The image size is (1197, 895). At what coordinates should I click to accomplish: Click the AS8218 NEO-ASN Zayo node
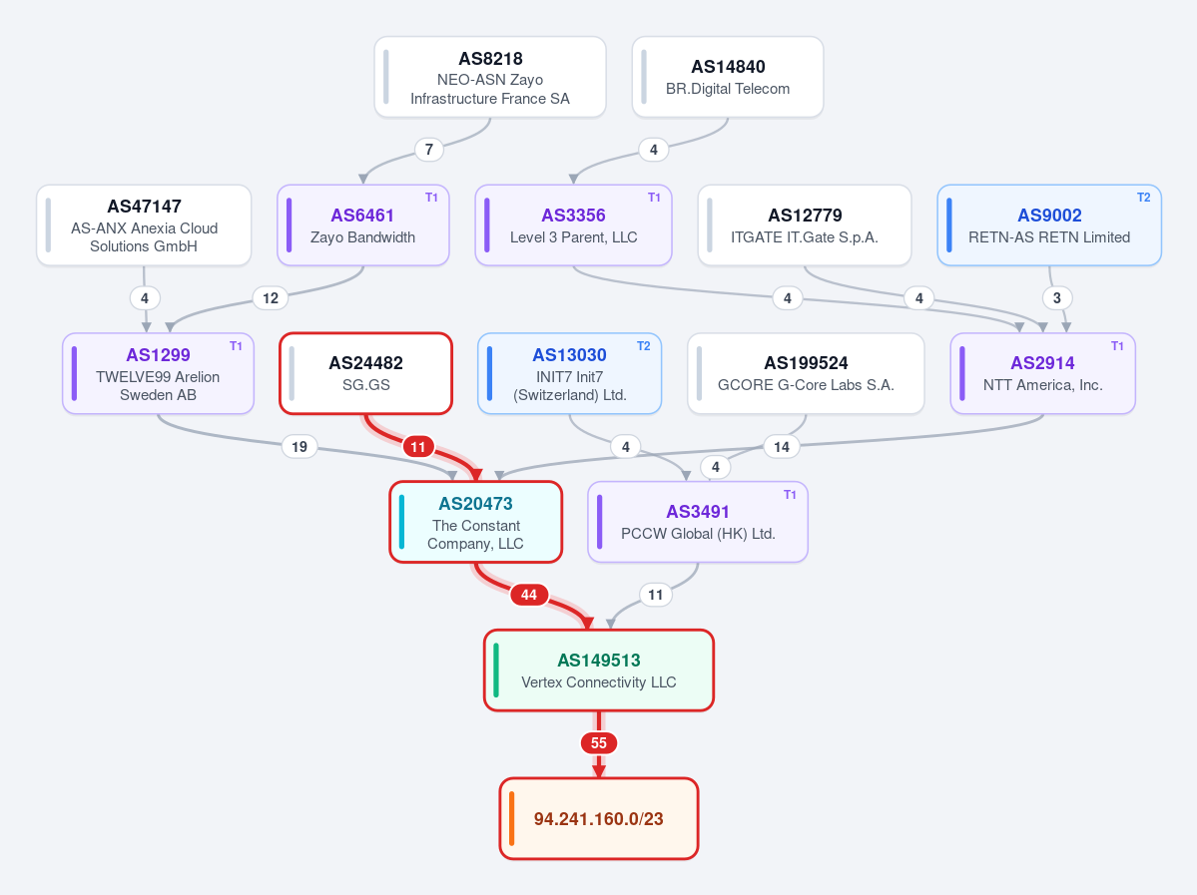click(x=490, y=77)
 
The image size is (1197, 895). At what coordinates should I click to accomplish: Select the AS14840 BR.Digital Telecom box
click(x=728, y=77)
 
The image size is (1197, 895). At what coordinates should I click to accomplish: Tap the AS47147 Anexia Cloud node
click(x=144, y=225)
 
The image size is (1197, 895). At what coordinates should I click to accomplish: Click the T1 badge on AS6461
click(x=431, y=198)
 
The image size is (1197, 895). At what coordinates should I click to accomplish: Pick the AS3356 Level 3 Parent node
click(x=573, y=225)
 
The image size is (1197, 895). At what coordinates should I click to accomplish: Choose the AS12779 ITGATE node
click(x=805, y=225)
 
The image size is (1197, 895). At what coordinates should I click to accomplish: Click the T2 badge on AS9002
click(x=1143, y=198)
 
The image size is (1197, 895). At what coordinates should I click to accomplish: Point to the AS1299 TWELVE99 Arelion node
click(x=158, y=374)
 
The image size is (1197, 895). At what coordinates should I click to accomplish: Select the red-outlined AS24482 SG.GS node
click(x=365, y=374)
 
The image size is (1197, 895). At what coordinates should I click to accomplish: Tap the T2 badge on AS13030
click(x=644, y=346)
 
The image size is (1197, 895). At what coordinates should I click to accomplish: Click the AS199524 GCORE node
click(x=806, y=374)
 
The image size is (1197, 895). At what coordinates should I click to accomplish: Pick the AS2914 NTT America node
click(x=1043, y=374)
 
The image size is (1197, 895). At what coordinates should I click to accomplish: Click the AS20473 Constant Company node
click(x=475, y=522)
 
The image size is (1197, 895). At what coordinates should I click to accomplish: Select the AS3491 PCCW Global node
click(x=698, y=522)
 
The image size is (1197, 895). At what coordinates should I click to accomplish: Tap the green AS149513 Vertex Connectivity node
click(x=599, y=671)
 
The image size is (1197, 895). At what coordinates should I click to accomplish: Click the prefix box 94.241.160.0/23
click(x=599, y=819)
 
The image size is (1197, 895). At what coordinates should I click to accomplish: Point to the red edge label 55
click(x=599, y=743)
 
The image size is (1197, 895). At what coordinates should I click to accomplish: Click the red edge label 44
click(x=529, y=595)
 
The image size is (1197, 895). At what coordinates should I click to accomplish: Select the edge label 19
click(x=299, y=446)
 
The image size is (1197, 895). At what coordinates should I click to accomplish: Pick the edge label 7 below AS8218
click(x=429, y=150)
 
